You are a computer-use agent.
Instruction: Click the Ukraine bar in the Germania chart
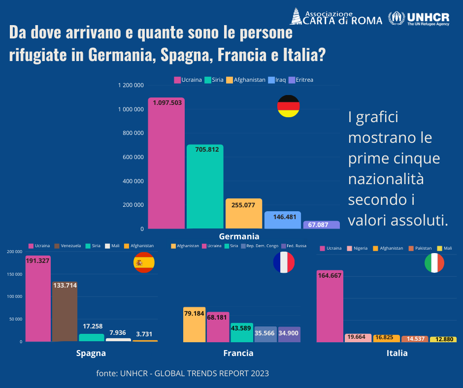tap(166, 162)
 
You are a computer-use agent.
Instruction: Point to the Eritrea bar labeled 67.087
tap(322, 225)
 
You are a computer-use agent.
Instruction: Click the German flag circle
tap(288, 106)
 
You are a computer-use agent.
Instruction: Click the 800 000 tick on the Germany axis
tap(131, 133)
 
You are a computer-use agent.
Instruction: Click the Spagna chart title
tap(91, 353)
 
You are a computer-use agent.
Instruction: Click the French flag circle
tap(284, 262)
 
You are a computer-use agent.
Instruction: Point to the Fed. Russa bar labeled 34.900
tap(289, 334)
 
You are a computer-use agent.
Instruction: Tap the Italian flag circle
tap(434, 263)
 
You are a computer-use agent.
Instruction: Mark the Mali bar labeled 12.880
tap(443, 339)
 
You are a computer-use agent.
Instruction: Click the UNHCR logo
tap(419, 19)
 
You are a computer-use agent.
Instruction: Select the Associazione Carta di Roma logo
tap(335, 17)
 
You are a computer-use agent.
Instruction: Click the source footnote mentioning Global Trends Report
tap(183, 373)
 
